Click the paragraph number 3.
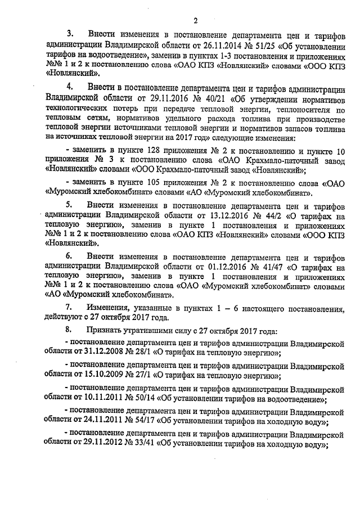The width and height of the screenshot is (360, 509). [70, 37]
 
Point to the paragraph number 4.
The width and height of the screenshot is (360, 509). [70, 88]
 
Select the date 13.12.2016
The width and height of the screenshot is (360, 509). [218, 215]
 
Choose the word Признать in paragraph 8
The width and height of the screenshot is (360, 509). [107, 331]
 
